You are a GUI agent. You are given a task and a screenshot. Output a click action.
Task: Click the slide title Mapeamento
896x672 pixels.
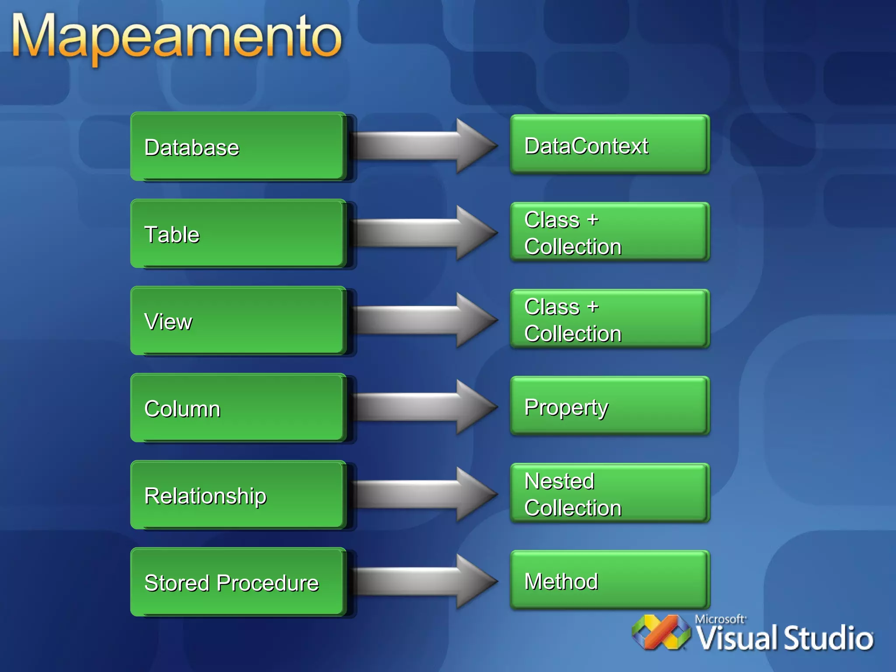pos(177,37)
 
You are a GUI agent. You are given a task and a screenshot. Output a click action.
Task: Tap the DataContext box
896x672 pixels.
pos(609,145)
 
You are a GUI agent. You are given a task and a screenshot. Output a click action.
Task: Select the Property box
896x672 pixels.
pos(609,406)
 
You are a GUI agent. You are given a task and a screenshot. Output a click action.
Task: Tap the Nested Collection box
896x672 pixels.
pos(609,493)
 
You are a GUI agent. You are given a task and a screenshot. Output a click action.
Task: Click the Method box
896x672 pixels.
pos(609,581)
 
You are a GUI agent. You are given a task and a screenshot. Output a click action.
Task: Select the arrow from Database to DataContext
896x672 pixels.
pos(424,146)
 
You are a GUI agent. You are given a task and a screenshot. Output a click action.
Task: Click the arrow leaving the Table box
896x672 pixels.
pos(424,233)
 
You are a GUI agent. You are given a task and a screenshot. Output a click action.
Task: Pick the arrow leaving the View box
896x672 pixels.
pos(424,320)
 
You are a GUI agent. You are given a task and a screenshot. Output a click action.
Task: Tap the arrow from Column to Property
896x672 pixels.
pos(424,407)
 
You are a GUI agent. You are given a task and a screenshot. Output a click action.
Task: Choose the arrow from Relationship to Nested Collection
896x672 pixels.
pos(424,494)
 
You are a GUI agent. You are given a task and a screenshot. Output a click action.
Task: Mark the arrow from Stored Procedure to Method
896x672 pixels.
pos(424,581)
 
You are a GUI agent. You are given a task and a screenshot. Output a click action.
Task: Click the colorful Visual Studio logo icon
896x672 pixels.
pos(661,632)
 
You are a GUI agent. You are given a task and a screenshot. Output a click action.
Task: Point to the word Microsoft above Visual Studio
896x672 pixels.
pos(720,619)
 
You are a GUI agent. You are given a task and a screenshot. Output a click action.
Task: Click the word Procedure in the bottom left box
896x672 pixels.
pos(268,583)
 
